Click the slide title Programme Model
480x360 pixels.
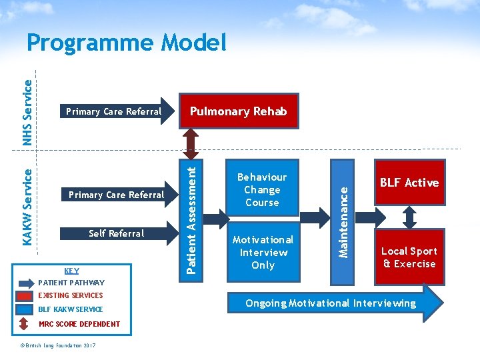pos(127,43)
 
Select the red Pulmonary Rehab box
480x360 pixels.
pos(238,111)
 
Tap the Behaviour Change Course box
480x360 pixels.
pos(262,190)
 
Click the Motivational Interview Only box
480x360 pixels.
pos(263,253)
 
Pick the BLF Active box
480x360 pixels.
pos(409,183)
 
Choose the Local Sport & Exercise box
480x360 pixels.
pos(409,257)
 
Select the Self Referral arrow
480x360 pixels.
pos(117,233)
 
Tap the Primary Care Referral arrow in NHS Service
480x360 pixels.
pos(113,111)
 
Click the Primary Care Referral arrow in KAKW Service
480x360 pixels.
pos(117,195)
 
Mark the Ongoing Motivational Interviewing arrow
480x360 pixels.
pos(333,303)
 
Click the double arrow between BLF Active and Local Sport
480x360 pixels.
pos(409,216)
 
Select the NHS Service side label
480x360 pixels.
pos(27,112)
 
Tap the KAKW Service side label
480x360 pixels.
pos(27,205)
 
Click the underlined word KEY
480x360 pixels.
pos(71,271)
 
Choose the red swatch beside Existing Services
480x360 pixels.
pos(25,296)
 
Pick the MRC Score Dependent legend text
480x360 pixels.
pos(79,324)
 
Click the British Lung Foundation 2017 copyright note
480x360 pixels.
pos(58,345)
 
